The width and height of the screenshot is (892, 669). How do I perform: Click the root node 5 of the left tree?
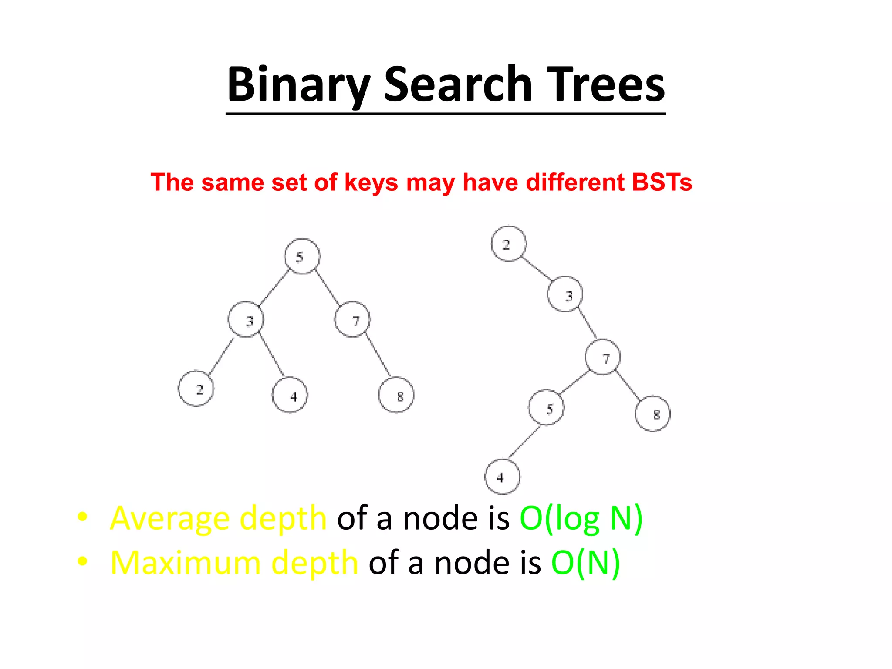pos(302,256)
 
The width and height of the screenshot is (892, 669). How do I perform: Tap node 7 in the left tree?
pos(353,319)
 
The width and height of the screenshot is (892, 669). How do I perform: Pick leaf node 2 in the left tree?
pos(196,389)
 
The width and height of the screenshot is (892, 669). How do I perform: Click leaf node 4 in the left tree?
pos(290,395)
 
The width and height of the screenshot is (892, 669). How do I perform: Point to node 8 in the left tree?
pos(396,395)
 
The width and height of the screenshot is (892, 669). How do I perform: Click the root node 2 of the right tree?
pos(509,244)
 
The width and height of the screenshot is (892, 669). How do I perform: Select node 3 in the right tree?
pos(565,294)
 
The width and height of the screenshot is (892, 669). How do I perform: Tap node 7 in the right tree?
pos(603,357)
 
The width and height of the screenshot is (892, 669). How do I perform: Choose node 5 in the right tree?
pos(547,408)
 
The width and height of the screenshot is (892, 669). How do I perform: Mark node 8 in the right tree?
pos(653,414)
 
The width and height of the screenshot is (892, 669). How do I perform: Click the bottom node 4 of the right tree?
pos(503,476)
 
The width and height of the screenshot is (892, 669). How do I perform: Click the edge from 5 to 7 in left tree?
pos(328,288)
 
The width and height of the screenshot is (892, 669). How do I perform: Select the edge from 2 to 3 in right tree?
pos(537,269)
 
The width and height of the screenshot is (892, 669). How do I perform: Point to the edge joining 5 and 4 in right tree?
pos(524,442)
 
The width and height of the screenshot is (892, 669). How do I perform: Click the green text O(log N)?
pos(581,518)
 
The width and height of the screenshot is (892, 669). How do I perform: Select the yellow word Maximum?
pos(185,563)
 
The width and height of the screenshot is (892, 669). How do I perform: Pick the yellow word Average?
pos(170,518)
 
